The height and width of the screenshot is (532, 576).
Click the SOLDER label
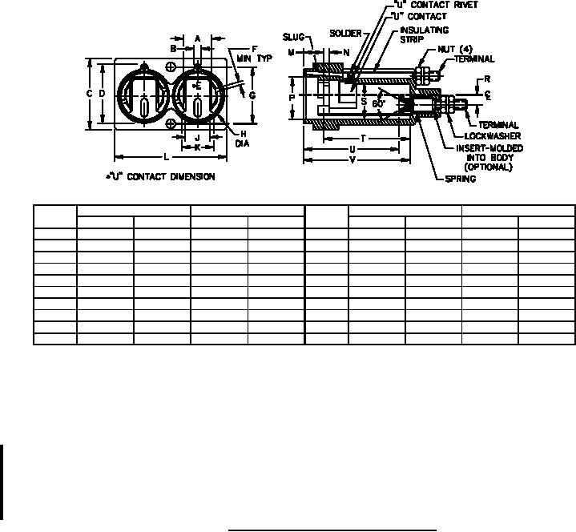click(345, 34)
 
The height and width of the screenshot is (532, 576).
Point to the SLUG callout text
click(293, 37)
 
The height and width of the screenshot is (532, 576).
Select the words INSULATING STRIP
click(425, 34)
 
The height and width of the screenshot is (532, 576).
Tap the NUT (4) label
click(455, 49)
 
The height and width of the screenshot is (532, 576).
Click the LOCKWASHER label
click(493, 136)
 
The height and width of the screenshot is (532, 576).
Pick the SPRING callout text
click(461, 179)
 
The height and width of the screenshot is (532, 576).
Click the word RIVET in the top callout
click(465, 5)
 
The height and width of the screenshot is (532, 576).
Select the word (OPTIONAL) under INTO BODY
click(488, 167)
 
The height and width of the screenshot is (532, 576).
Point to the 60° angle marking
click(378, 103)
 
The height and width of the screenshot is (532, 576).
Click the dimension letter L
click(167, 157)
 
